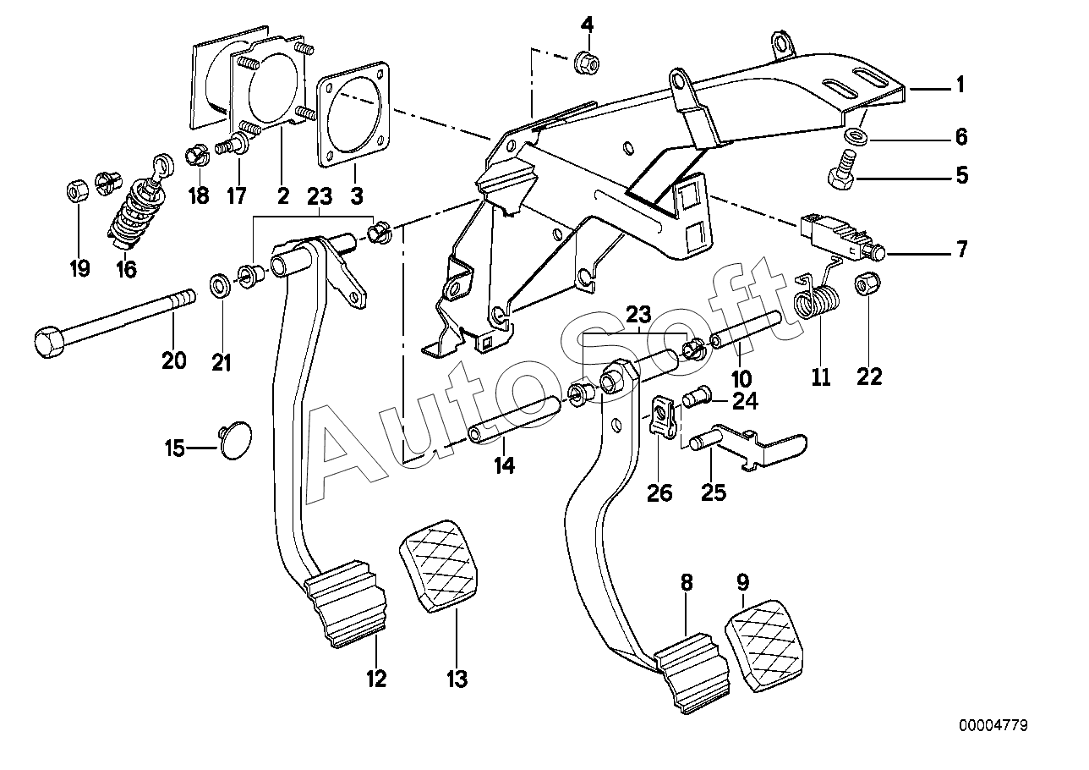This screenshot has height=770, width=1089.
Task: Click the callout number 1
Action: (x=960, y=85)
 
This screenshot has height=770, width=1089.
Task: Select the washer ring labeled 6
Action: (x=856, y=137)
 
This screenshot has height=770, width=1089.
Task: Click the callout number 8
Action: (x=686, y=582)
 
